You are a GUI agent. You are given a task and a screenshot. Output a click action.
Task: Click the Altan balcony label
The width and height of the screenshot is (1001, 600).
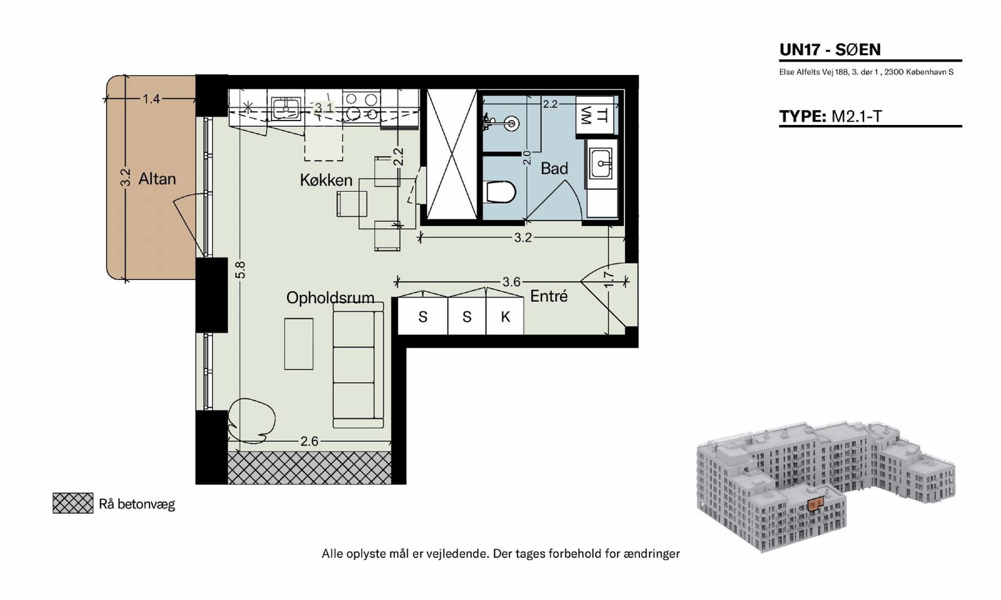pos(157,179)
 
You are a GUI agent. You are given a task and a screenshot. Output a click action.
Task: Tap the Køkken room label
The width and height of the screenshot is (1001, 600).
pos(326,180)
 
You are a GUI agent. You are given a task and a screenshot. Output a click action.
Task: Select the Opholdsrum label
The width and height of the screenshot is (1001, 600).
pos(330,297)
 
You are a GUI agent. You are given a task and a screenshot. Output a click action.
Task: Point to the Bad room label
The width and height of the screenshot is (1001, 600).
pos(554,168)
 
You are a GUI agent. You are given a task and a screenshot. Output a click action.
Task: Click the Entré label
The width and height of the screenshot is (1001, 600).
pos(549,296)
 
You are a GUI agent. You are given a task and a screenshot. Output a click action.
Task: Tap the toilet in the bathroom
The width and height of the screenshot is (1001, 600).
pos(500,192)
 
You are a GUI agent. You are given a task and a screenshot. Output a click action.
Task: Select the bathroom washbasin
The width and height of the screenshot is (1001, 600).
pos(601,164)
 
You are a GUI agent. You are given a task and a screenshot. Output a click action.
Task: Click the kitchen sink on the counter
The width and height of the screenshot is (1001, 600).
pos(286,109)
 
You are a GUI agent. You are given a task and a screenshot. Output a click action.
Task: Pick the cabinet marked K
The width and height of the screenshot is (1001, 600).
pos(505,316)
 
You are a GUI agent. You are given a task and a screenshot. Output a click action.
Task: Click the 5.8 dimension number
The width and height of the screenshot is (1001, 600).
pos(240,270)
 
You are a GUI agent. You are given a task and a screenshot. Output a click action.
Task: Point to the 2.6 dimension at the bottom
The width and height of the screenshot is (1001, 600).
pos(309,441)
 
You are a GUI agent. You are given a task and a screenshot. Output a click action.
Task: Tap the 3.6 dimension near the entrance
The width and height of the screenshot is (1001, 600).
pos(511,282)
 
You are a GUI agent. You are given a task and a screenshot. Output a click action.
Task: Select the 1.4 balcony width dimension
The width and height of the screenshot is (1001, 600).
pos(151,99)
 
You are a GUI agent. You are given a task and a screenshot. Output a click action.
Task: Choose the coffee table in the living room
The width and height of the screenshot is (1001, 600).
pos(298,344)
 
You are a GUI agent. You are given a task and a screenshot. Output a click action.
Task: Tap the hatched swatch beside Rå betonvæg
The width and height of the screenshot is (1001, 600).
pos(73,503)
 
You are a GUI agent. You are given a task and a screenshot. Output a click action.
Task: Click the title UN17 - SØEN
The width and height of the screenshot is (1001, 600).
pos(830,49)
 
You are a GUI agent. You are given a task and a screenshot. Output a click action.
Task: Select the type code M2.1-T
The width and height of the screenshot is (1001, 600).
pos(856,116)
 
